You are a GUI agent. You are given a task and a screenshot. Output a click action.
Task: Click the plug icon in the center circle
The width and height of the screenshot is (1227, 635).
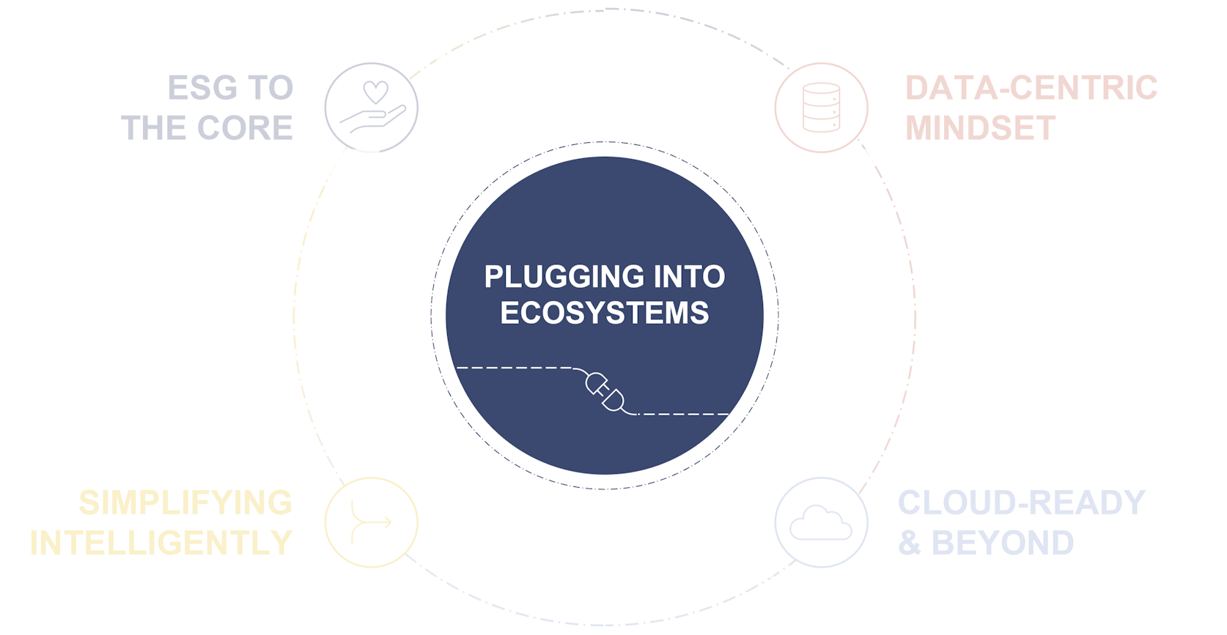pos(605,393)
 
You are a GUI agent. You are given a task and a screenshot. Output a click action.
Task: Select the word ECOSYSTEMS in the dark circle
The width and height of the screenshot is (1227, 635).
pos(605,313)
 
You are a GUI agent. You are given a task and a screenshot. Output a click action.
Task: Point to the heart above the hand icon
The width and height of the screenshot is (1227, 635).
pos(376,92)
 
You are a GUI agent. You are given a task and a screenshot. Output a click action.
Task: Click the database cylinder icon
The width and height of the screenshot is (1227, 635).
pos(821,108)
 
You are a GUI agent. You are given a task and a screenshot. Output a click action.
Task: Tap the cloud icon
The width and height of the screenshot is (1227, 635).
pos(821,522)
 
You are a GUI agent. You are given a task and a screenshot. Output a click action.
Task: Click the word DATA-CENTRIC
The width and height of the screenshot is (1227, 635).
pos(1031,88)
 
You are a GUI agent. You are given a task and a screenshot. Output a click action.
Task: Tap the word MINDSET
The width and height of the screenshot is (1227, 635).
pos(980,128)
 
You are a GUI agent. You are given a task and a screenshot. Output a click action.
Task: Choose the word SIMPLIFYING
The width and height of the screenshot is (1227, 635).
pos(185,503)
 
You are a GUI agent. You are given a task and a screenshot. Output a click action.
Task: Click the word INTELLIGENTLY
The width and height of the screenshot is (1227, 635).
pos(161,543)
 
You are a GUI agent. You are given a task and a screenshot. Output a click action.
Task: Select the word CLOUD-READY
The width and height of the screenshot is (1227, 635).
pos(1021,503)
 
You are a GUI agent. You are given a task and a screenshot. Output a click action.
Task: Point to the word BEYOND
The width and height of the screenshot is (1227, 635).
pos(1002,543)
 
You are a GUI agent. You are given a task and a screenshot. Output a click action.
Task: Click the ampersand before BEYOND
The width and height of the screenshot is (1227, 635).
pos(909,543)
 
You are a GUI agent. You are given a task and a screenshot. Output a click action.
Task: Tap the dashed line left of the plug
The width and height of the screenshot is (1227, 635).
pos(513,368)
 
